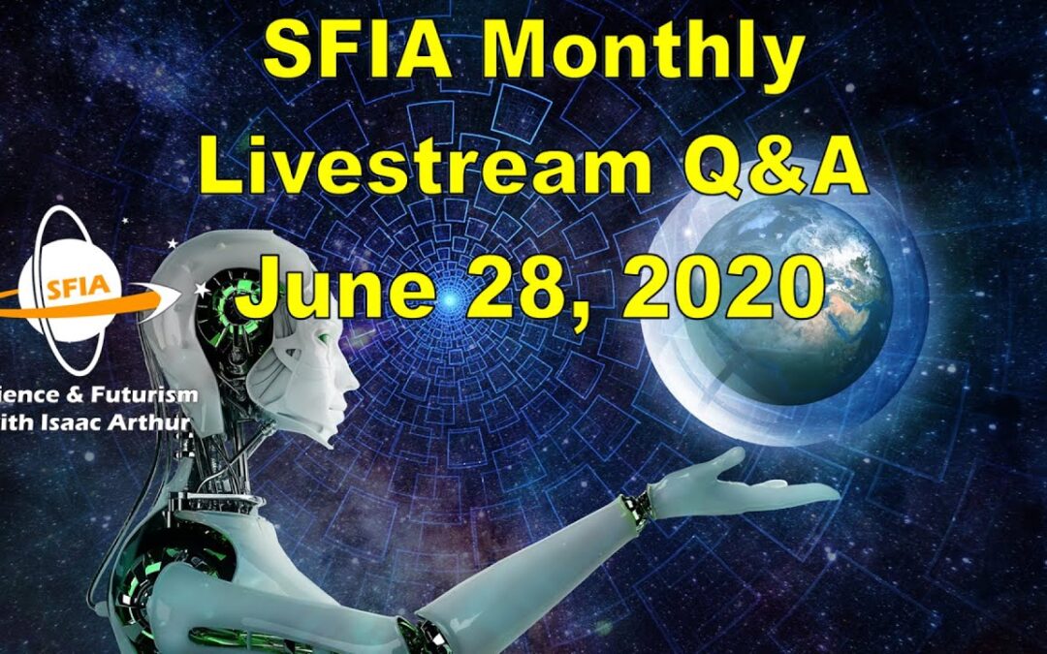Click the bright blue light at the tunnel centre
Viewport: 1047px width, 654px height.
coord(449,302)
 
